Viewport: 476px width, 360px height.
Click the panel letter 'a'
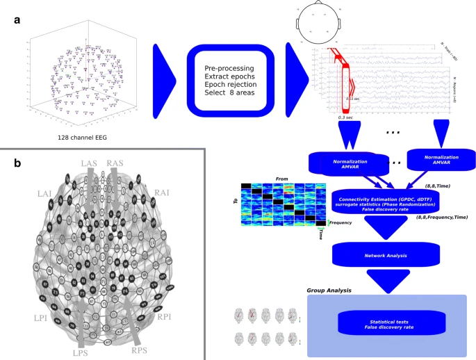tap(17, 19)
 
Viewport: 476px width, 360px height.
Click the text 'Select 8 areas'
tap(230, 93)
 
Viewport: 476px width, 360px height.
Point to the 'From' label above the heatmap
tap(281, 179)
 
